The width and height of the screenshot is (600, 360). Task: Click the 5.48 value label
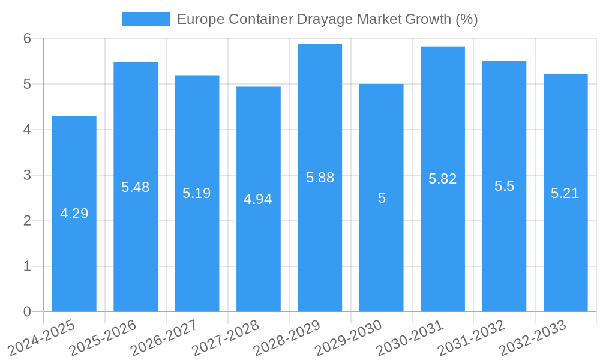(136, 187)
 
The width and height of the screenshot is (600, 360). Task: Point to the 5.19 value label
(197, 193)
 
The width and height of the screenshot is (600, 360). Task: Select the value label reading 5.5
(504, 186)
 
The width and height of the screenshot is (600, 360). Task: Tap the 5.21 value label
(565, 193)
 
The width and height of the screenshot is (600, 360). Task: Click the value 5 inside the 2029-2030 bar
(382, 198)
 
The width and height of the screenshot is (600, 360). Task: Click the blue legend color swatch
(146, 19)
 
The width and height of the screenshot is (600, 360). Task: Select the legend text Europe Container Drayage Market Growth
(328, 19)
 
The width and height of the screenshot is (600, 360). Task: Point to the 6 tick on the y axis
(27, 38)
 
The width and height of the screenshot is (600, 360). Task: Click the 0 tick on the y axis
(27, 311)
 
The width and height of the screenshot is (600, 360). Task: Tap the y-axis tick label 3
(27, 175)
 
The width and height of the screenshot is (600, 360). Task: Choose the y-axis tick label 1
(27, 266)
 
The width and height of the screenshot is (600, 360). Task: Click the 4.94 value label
(258, 199)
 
